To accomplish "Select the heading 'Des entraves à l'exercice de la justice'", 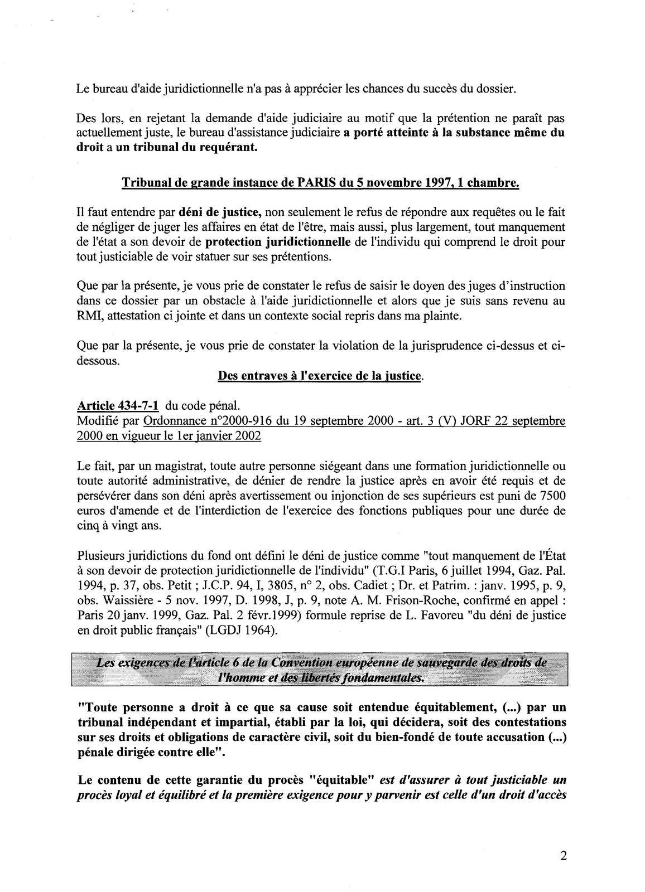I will (320, 376).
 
